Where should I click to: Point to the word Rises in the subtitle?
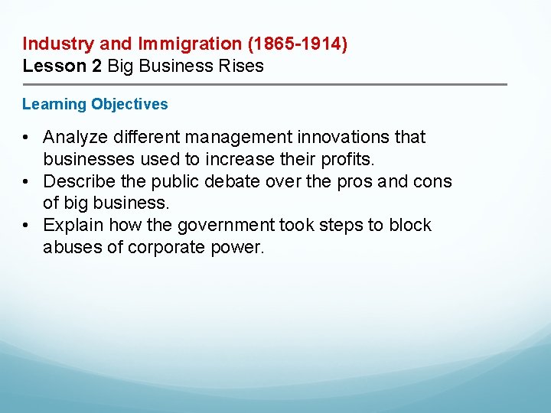pyautogui.click(x=242, y=66)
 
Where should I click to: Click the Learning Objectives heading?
pyautogui.click(x=95, y=104)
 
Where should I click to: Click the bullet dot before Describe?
pyautogui.click(x=26, y=182)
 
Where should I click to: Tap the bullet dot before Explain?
pyautogui.click(x=26, y=226)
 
